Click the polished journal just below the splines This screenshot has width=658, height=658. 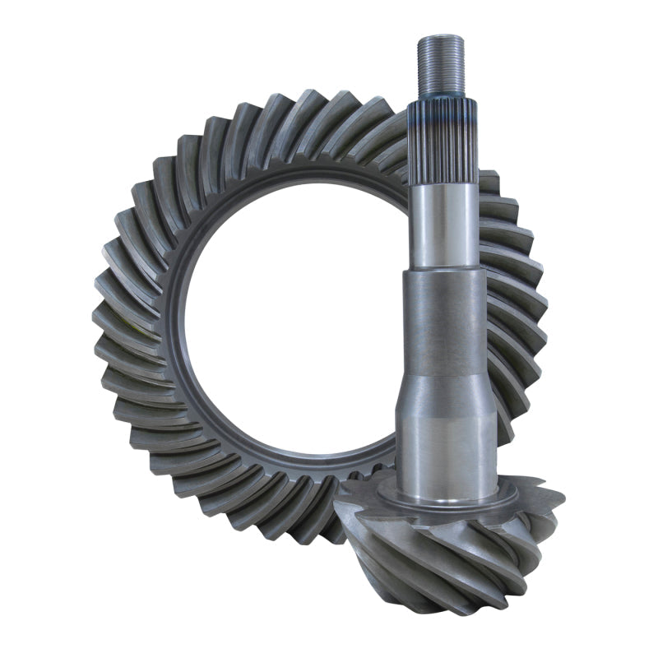(443, 226)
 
